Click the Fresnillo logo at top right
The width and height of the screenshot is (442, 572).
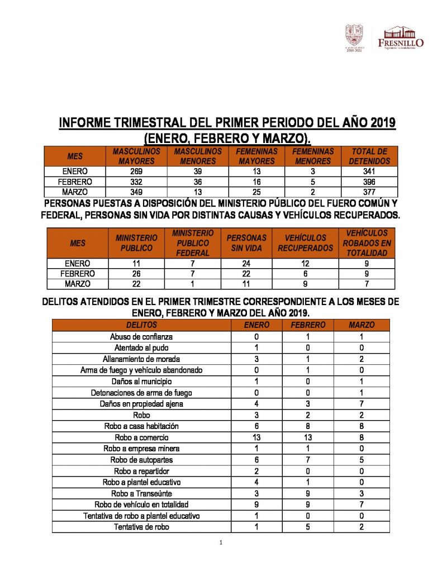click(x=401, y=37)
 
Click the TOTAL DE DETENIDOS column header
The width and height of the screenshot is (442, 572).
click(x=370, y=156)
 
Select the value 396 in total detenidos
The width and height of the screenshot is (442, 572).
click(x=370, y=182)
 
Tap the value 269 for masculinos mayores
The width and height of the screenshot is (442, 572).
click(x=136, y=171)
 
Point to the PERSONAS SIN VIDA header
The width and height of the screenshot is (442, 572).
click(x=246, y=243)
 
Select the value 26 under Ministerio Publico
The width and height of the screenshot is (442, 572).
click(x=136, y=274)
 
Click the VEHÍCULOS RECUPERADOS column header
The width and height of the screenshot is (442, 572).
click(x=305, y=243)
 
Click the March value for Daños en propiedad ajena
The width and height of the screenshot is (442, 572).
click(x=362, y=404)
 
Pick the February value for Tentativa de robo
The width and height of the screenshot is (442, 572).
click(x=308, y=527)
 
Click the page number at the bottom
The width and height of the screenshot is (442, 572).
click(x=221, y=543)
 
